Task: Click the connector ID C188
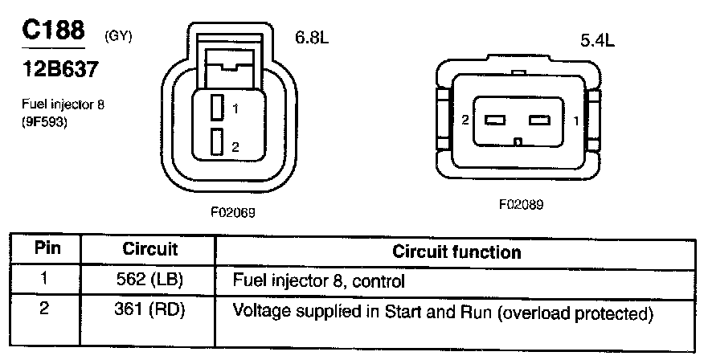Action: tap(53, 31)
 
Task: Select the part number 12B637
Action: tap(59, 70)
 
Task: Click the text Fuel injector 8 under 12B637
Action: tap(63, 104)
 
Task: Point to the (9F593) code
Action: tap(44, 123)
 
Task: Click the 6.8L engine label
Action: tap(312, 38)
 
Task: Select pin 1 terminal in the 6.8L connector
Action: tap(215, 107)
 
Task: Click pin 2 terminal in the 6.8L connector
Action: tap(215, 142)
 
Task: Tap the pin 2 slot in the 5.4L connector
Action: tap(494, 121)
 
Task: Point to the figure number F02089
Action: tap(521, 204)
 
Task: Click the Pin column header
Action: tap(46, 250)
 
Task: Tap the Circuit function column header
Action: tap(456, 252)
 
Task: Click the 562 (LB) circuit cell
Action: tap(149, 281)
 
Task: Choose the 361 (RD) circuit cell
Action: tap(149, 310)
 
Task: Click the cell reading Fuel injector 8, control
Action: tap(317, 282)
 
